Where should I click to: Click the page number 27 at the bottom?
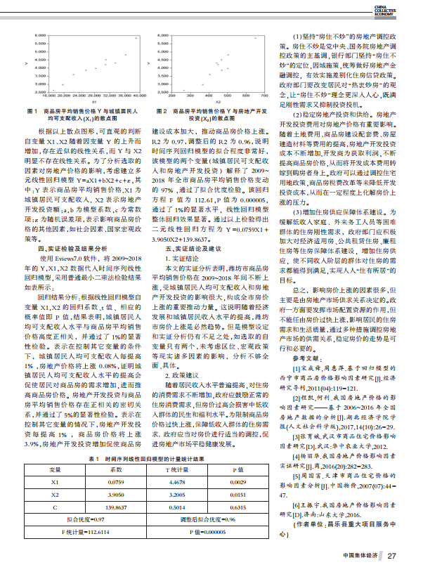pos(392,557)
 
